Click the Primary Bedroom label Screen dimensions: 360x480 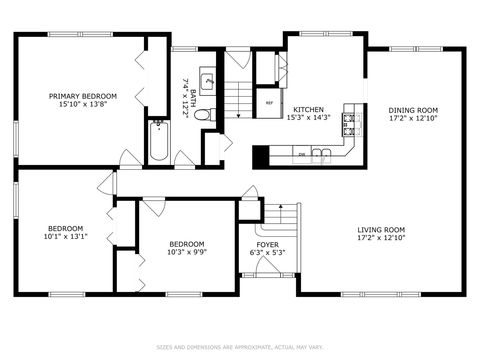pyautogui.click(x=84, y=96)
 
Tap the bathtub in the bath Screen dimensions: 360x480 pyautogui.click(x=158, y=141)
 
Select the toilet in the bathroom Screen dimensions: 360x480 pyautogui.click(x=202, y=116)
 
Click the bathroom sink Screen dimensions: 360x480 pyautogui.click(x=207, y=81)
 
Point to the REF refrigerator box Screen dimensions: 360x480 pyautogui.click(x=269, y=102)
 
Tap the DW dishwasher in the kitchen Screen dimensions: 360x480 pyautogui.click(x=302, y=154)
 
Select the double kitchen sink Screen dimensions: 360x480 pyautogui.click(x=321, y=154)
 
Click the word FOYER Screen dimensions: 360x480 pyautogui.click(x=267, y=244)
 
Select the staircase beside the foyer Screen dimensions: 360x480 pyautogui.click(x=281, y=217)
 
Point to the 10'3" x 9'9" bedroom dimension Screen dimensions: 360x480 pyautogui.click(x=186, y=252)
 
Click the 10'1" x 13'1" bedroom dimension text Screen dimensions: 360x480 pyautogui.click(x=66, y=237)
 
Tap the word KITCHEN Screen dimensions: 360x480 pyautogui.click(x=307, y=108)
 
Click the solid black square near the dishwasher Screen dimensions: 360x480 pyautogui.click(x=260, y=156)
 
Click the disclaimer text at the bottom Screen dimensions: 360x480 pyautogui.click(x=239, y=348)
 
